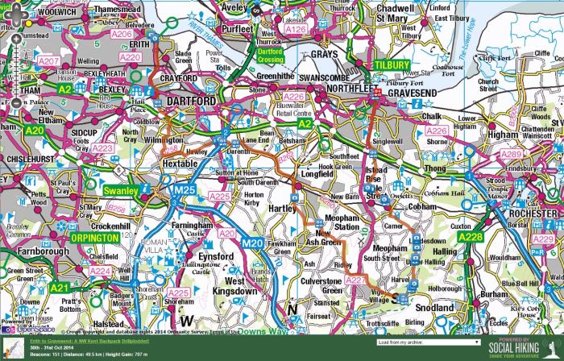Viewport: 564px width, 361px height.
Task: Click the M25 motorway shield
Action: point(185,189)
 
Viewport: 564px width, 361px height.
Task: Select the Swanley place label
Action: point(120,190)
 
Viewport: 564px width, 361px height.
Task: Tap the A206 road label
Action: point(121,35)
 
